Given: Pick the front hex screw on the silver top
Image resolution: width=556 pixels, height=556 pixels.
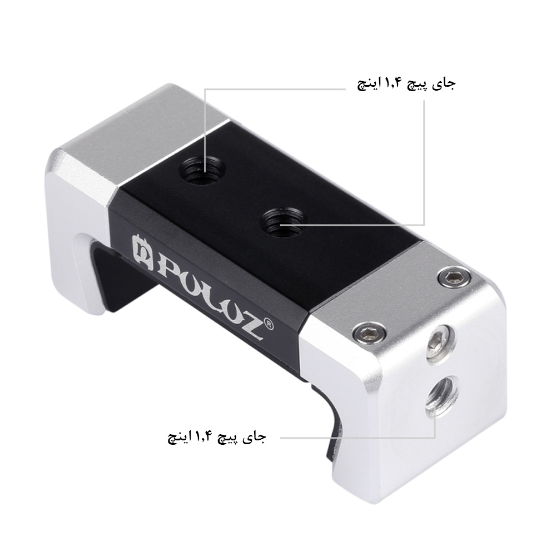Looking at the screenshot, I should pos(367,332).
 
